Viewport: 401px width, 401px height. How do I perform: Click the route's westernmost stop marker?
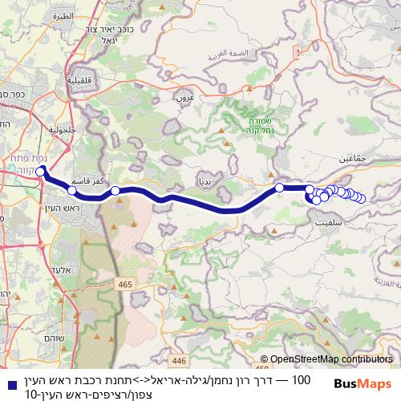coord(40,171)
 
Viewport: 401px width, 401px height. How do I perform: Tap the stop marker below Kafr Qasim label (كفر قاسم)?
coord(72,191)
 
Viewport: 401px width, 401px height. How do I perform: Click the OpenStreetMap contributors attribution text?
coord(330,359)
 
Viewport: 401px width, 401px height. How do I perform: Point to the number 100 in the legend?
coord(301,378)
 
